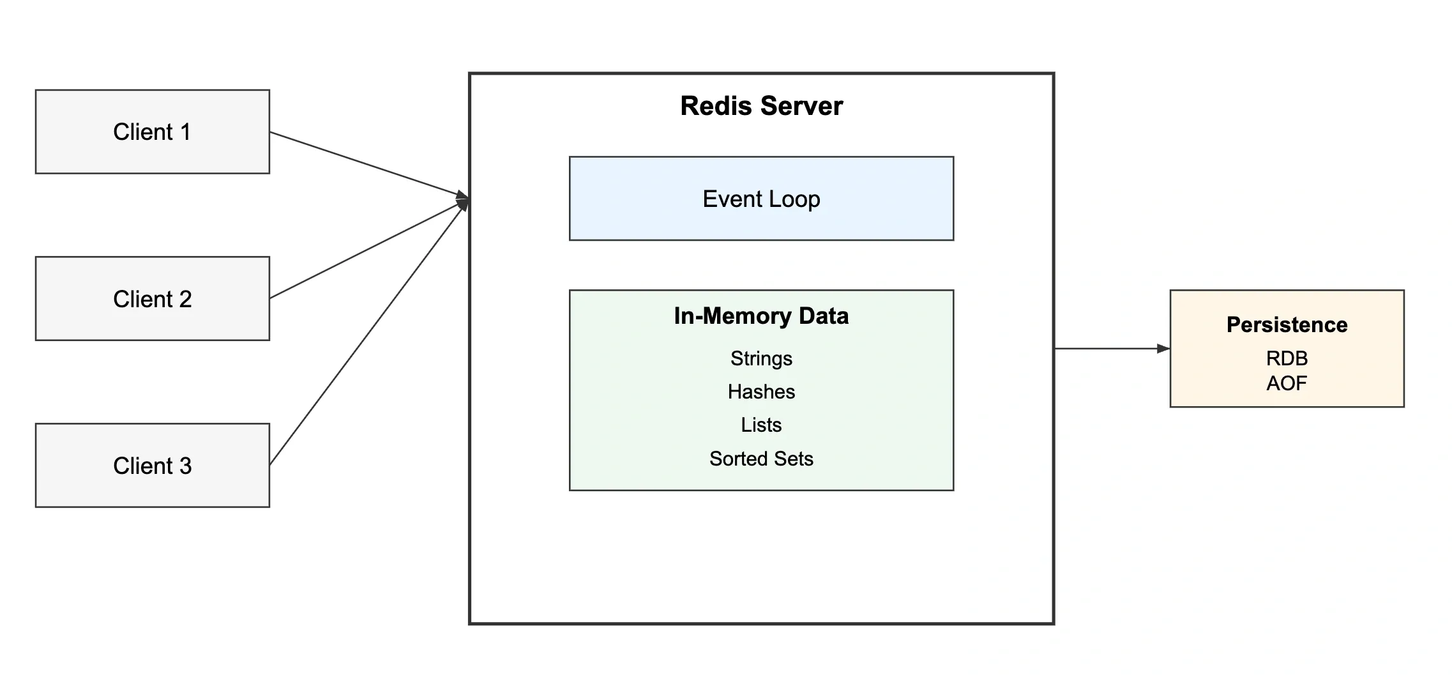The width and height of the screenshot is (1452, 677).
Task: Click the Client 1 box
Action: (152, 132)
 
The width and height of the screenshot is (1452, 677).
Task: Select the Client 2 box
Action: (152, 298)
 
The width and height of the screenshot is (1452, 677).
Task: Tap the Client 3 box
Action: (152, 465)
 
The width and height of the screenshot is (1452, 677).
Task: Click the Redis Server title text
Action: (761, 106)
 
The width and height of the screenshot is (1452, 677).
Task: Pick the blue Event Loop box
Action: (761, 199)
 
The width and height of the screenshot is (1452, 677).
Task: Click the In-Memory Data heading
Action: (761, 316)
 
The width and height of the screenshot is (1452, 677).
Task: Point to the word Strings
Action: (761, 358)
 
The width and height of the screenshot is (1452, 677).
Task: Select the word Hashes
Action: (761, 392)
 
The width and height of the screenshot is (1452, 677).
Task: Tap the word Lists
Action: (761, 425)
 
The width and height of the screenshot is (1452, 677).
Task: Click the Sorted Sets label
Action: (761, 459)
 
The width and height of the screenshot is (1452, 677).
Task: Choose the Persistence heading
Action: (1287, 324)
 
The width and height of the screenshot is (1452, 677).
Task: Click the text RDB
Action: (1287, 358)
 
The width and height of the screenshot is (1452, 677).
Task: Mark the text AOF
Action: (1287, 383)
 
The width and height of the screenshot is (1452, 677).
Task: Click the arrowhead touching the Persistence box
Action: (1163, 349)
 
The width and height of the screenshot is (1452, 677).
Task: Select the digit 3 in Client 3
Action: (185, 466)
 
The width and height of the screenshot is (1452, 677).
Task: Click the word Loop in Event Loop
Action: (794, 199)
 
